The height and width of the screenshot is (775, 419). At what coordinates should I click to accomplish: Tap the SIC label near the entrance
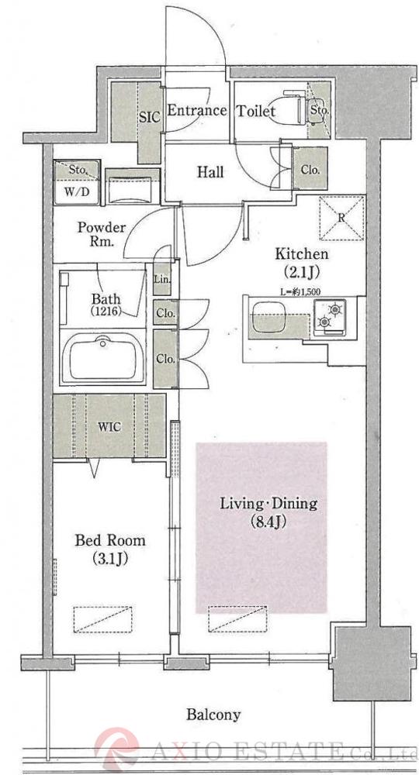point(150,118)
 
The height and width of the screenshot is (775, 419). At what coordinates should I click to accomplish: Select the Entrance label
point(197,110)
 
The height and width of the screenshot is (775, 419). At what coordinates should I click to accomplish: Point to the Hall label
point(210,172)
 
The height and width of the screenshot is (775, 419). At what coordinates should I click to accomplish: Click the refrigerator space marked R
point(342,218)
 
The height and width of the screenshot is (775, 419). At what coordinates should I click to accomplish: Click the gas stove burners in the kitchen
point(330,315)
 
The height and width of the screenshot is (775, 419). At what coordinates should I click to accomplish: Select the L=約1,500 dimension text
point(300,291)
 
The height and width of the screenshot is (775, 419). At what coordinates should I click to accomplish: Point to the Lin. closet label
point(162,279)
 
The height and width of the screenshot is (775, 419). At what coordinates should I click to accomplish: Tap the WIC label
point(109,427)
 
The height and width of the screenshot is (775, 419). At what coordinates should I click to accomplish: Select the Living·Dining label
point(268,505)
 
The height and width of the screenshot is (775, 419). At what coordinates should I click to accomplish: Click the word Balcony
point(213,715)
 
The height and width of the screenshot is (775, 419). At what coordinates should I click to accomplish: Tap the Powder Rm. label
point(102,235)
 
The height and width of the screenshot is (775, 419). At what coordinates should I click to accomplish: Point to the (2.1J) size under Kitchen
point(301,271)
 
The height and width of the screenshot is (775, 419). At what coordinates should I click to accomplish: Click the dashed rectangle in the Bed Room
point(103,618)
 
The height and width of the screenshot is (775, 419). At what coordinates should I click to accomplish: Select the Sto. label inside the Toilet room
point(319,110)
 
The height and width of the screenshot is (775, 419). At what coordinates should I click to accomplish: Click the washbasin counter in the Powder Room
point(132,187)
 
